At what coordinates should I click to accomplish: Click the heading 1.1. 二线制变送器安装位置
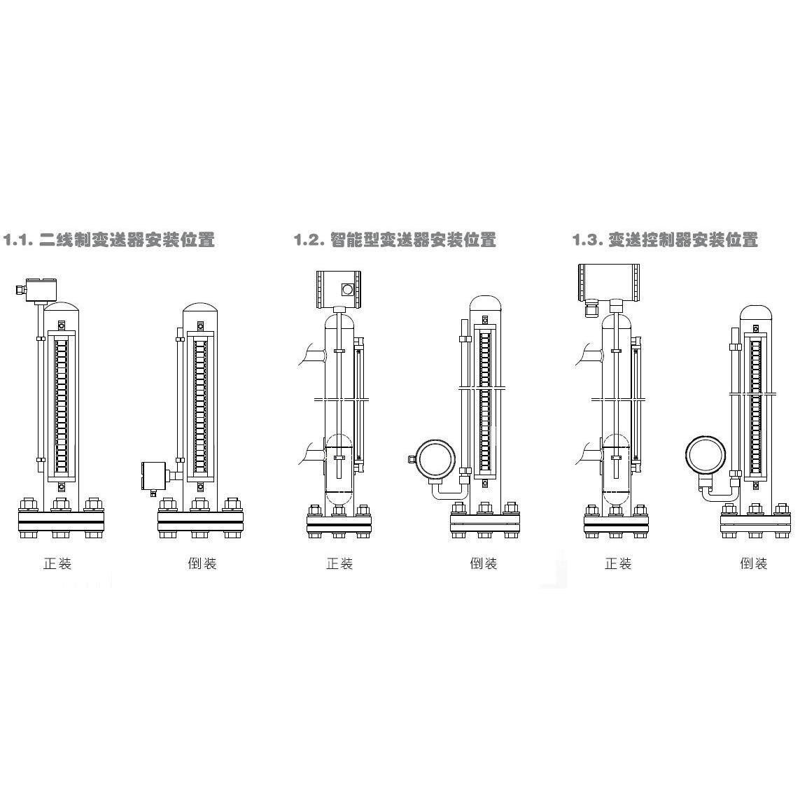(x=108, y=239)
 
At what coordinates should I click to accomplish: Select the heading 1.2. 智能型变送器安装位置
(x=395, y=239)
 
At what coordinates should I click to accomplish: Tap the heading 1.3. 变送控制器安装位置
(x=665, y=239)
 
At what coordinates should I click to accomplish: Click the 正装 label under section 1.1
(x=57, y=563)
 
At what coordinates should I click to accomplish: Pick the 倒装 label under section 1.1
(x=202, y=563)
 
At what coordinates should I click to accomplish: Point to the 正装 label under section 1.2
(x=339, y=563)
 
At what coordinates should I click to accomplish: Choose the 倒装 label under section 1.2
(x=483, y=563)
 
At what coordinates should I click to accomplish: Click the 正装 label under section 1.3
(x=618, y=563)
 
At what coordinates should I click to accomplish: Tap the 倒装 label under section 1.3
(x=754, y=563)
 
